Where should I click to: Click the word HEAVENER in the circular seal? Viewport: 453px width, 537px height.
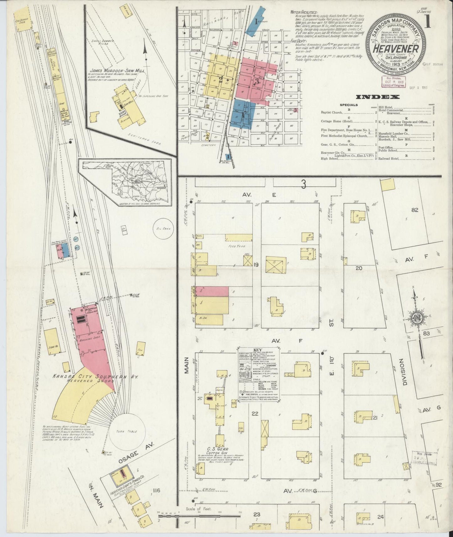click(x=396, y=49)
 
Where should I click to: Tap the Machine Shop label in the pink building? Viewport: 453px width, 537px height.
click(x=89, y=339)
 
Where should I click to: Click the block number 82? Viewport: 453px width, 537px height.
click(x=414, y=210)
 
